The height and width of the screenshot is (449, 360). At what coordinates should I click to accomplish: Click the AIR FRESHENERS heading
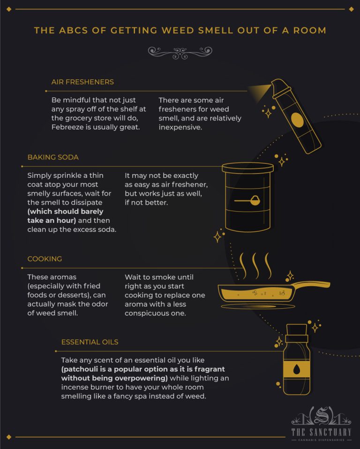point(82,82)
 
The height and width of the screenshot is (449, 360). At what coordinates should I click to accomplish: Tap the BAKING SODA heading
point(53,157)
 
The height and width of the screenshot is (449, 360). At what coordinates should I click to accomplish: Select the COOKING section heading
point(45,259)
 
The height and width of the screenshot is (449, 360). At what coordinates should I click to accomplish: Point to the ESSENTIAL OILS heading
point(90,342)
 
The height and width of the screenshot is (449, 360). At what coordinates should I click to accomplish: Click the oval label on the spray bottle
point(297,120)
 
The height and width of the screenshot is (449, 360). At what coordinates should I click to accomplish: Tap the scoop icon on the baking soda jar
point(247,200)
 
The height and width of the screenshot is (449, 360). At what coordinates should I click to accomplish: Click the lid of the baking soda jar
point(247,167)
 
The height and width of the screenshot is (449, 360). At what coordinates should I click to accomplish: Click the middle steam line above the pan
point(255,266)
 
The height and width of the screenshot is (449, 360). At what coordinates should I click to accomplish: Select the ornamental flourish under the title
point(180,53)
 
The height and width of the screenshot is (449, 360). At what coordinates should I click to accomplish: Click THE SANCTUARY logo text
point(321,432)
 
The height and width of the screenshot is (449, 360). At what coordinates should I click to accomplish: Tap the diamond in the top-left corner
point(9,9)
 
